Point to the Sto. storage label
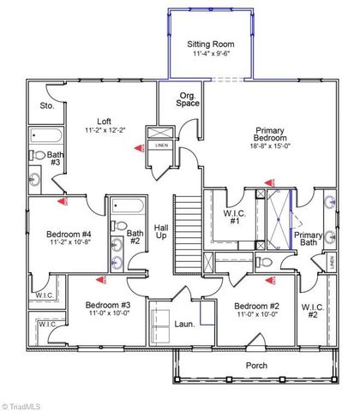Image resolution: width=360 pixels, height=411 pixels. pos(46,106)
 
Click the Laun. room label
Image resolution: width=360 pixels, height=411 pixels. pos(184,325)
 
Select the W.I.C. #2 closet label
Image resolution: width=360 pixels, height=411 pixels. pos(312,312)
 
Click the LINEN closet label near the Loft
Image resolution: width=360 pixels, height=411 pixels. pos(162,146)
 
